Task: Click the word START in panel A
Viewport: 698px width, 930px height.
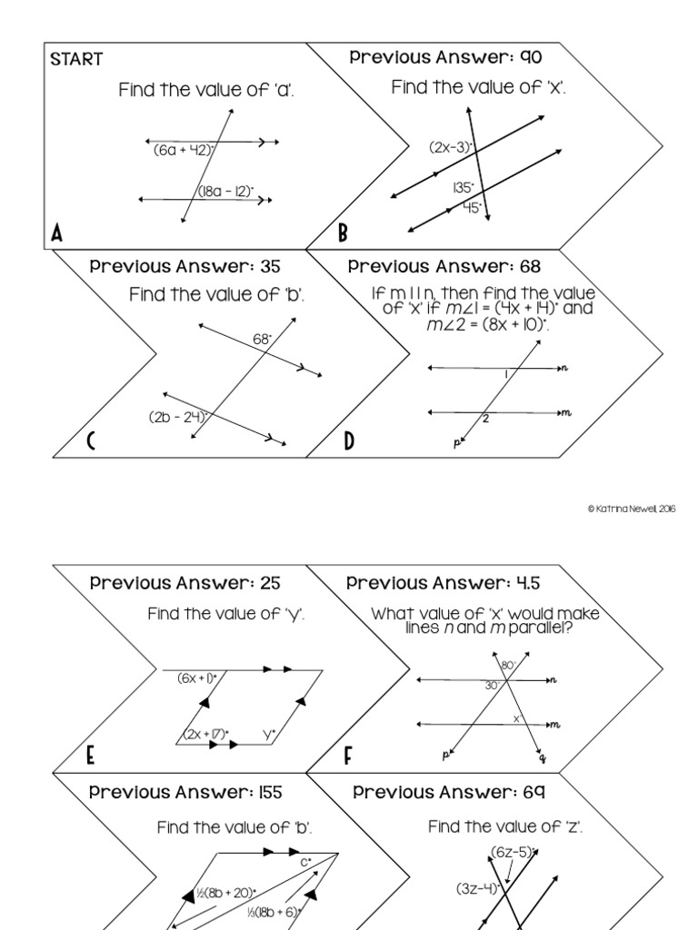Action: pos(76,60)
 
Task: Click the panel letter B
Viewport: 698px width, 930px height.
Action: pos(344,233)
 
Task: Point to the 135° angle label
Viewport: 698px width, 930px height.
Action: pos(464,188)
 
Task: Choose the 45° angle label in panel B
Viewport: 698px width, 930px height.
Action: pos(470,207)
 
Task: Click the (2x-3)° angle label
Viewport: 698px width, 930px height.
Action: pos(453,146)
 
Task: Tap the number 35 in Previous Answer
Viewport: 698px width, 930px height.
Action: pos(268,267)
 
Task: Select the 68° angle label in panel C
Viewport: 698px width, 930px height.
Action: pos(263,339)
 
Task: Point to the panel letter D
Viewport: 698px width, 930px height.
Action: pos(350,443)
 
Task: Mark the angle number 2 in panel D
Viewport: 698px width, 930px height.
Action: pos(486,420)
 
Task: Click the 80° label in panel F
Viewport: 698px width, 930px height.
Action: pos(508,666)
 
